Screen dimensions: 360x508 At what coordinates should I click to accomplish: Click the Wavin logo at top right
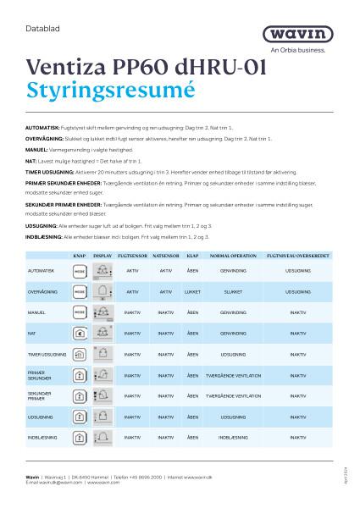coord(314,33)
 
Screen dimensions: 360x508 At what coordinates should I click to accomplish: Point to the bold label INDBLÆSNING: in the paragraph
coord(39,239)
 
